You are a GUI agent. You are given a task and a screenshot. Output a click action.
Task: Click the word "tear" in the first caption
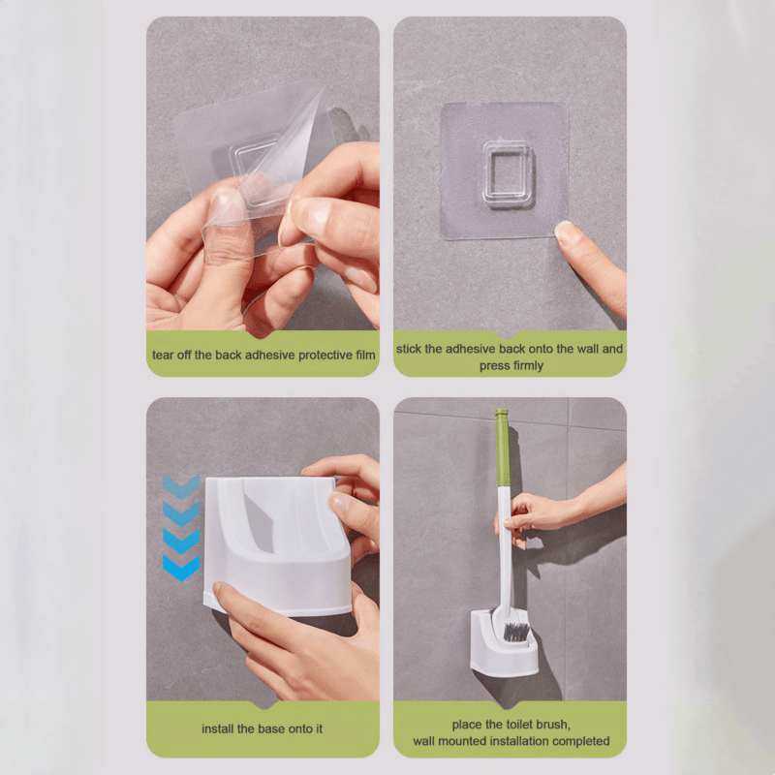tap(165, 356)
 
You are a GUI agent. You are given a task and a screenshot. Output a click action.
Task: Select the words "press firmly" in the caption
tap(511, 365)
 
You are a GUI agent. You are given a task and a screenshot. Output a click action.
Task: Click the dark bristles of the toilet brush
tap(517, 632)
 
